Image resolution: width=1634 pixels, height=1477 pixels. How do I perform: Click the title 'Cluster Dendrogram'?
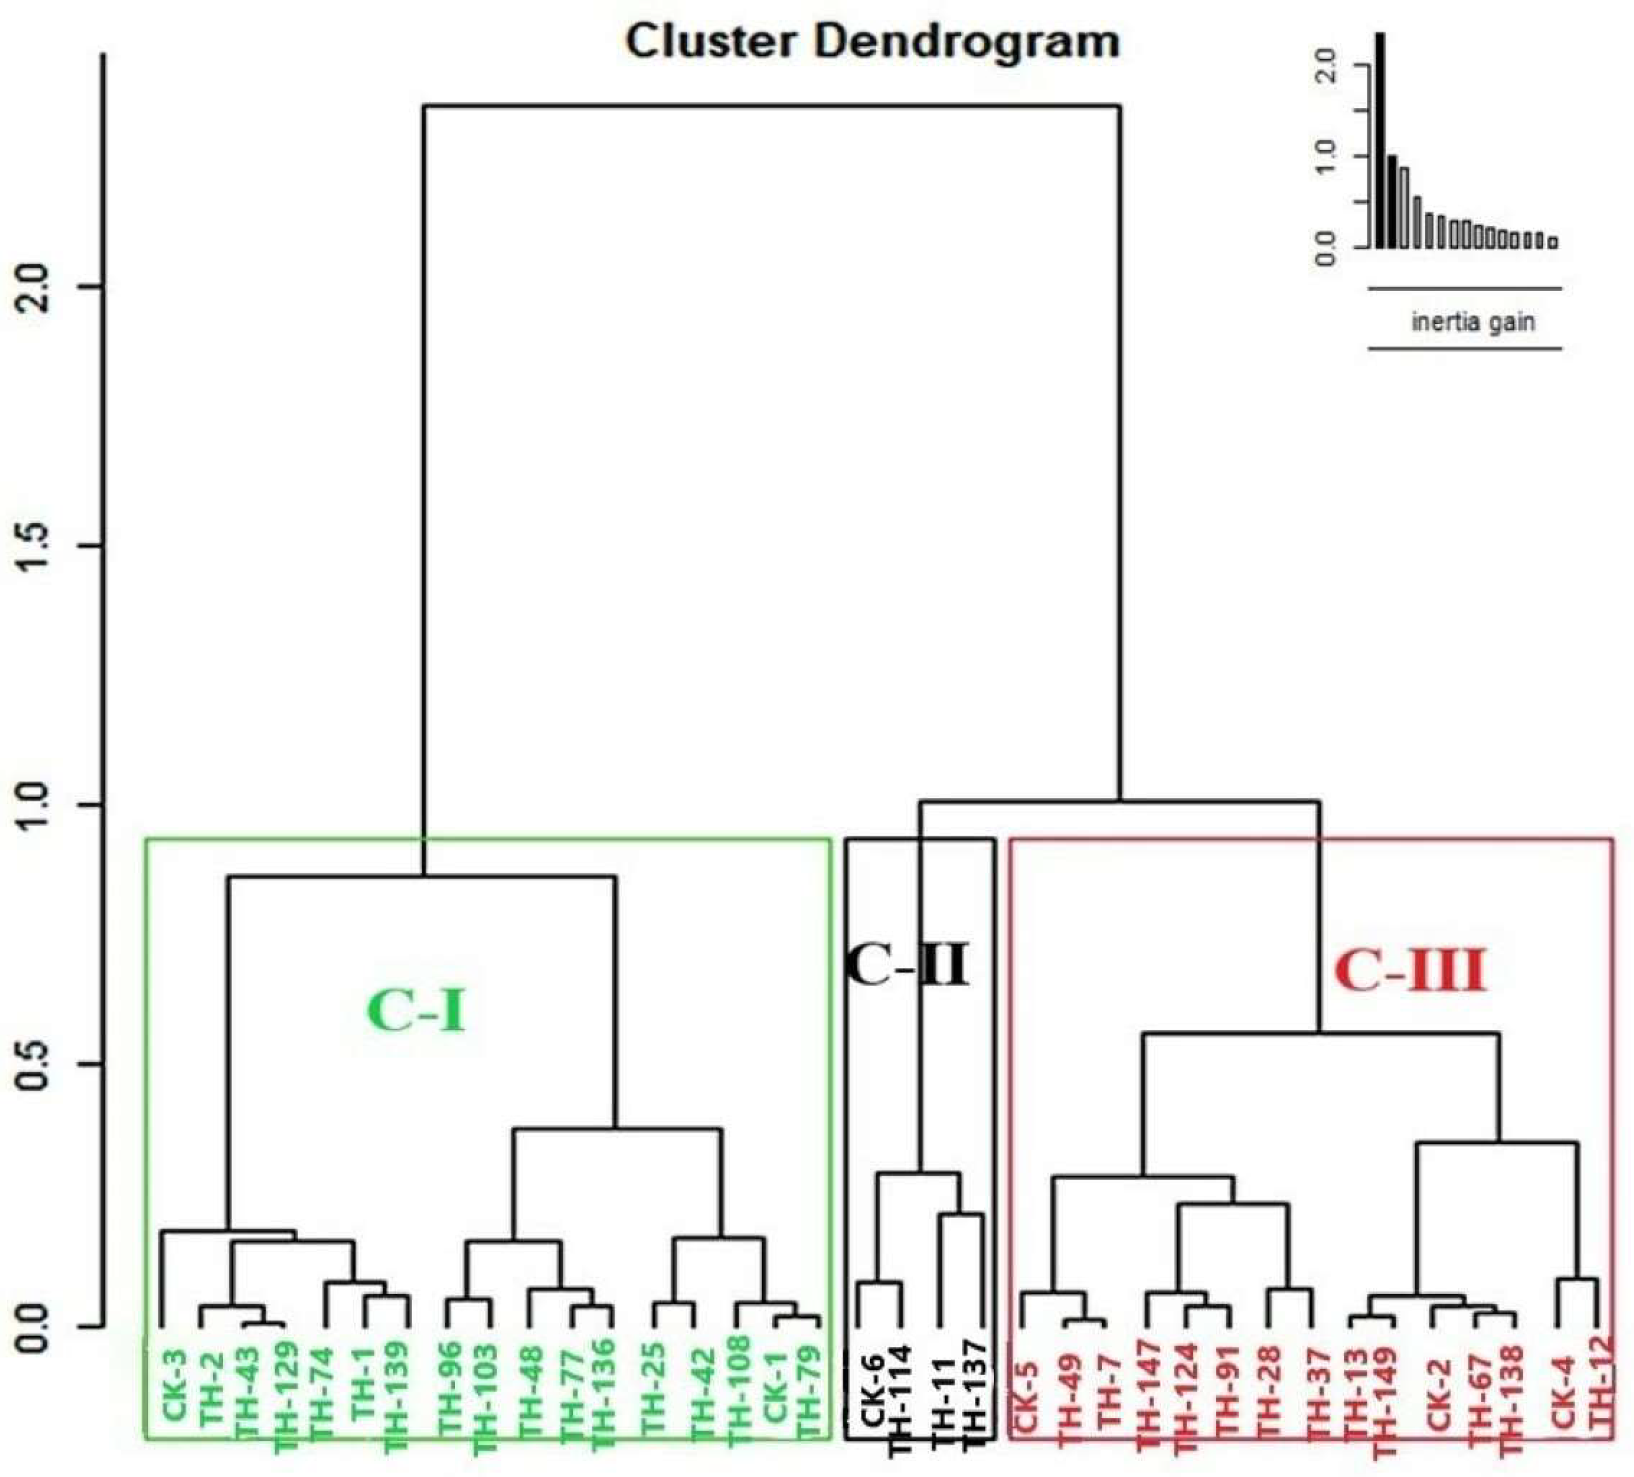point(872,41)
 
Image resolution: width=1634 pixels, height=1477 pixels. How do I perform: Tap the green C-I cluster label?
point(417,1012)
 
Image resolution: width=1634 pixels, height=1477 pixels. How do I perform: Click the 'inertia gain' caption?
point(1473,322)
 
